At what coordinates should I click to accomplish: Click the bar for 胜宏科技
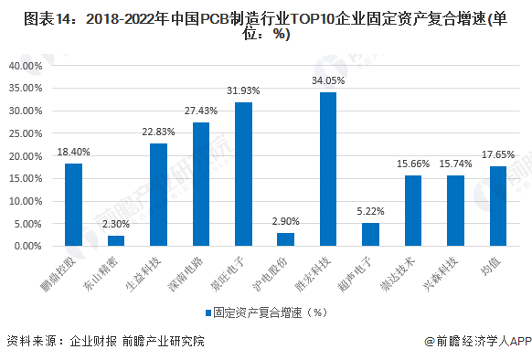point(328,169)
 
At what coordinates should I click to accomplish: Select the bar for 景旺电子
point(243,174)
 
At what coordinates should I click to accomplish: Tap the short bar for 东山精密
point(116,240)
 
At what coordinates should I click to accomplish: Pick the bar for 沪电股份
point(285,239)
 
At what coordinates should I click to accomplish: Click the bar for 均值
point(498,206)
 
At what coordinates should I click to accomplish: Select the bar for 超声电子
point(370,234)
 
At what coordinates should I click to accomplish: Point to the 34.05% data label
point(328,80)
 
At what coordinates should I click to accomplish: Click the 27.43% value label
point(200,111)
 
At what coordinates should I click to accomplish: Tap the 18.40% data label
point(73,152)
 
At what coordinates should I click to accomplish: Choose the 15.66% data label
point(413,164)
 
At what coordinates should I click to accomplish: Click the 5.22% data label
point(370,211)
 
